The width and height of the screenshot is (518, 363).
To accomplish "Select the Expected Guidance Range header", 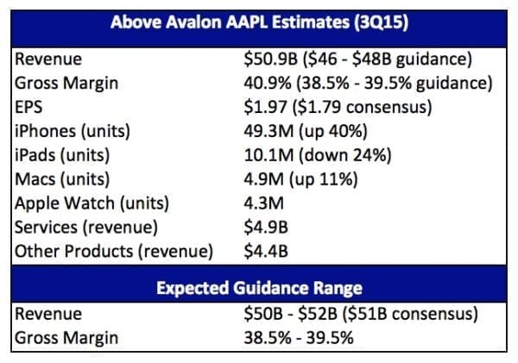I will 259,287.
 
